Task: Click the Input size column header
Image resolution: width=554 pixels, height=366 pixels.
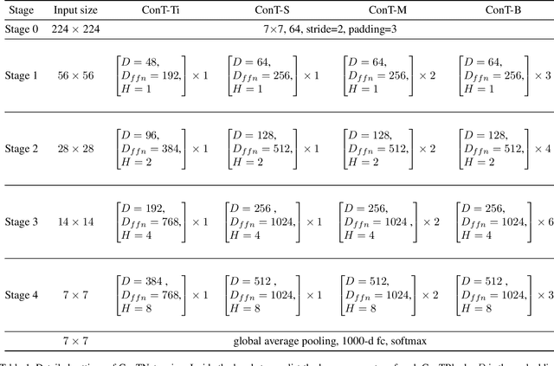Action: [76, 10]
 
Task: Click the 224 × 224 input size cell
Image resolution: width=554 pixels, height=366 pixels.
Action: [76, 31]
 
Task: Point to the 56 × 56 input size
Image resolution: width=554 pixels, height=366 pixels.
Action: [76, 75]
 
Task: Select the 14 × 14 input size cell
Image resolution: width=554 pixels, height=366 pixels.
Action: [76, 222]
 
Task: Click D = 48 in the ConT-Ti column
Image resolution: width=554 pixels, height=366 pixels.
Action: [138, 61]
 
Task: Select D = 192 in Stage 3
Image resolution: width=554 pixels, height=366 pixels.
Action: [140, 209]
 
